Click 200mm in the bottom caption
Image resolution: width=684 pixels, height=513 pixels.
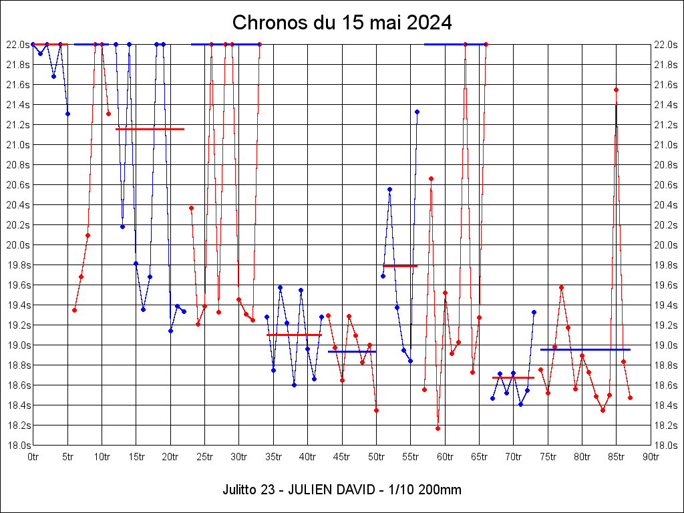click(438, 490)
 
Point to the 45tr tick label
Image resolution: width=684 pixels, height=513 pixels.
click(342, 457)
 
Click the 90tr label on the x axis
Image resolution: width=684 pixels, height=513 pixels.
click(651, 457)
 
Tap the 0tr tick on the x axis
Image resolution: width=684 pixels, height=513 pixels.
click(33, 457)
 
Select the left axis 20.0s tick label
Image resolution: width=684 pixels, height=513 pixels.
click(18, 245)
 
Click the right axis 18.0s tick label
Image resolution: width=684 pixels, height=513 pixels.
click(666, 446)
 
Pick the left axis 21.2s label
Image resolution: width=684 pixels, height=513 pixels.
click(18, 125)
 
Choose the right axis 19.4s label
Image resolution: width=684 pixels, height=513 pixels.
click(666, 305)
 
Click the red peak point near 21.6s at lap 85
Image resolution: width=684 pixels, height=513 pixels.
click(616, 90)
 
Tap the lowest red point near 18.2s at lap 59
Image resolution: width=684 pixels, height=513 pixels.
click(438, 428)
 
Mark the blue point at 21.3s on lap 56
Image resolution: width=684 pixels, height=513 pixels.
click(417, 112)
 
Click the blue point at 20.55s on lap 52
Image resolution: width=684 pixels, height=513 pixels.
click(389, 189)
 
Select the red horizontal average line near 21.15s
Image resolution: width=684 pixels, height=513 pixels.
click(150, 129)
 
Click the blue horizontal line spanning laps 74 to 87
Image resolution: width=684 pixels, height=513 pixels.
click(585, 349)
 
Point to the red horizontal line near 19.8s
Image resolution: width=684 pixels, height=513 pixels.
click(400, 266)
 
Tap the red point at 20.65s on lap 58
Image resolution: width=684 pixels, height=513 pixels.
click(431, 178)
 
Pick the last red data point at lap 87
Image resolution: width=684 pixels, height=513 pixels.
click(630, 397)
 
